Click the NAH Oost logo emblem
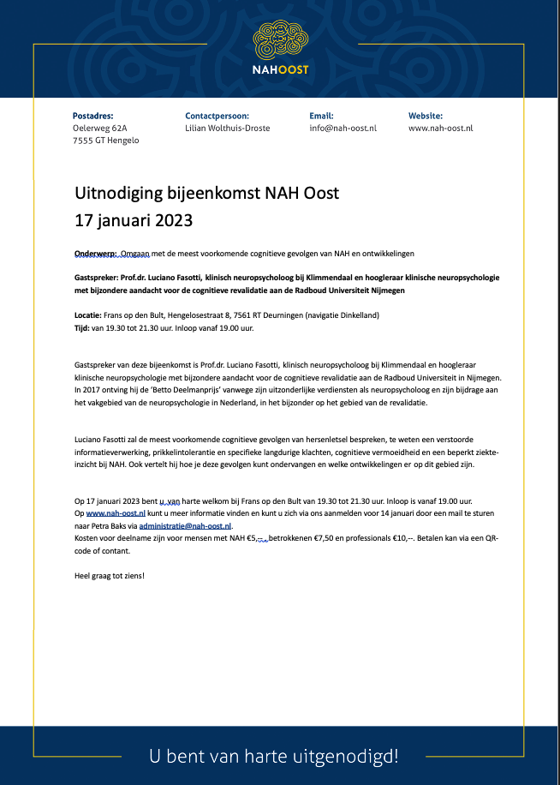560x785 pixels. click(280, 39)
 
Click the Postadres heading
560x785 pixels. click(93, 115)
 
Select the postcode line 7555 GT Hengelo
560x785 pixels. click(106, 141)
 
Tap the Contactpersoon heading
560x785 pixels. click(217, 115)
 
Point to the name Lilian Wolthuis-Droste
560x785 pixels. click(229, 128)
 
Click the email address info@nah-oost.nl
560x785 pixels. click(343, 128)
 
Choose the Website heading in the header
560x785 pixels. click(426, 115)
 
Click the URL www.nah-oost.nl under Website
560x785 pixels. click(440, 128)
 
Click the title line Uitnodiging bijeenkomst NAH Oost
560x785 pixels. click(207, 193)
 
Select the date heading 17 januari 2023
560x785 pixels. click(134, 219)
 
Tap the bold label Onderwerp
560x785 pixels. click(95, 254)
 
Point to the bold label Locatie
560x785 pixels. click(88, 315)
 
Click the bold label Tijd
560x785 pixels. click(82, 327)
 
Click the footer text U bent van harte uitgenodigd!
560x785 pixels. click(274, 756)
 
